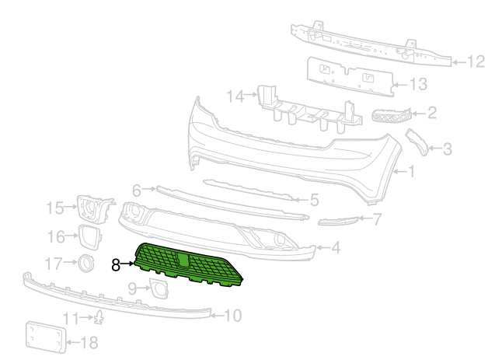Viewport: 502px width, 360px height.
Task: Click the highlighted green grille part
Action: tap(189, 264)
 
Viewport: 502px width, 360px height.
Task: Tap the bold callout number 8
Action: tap(116, 265)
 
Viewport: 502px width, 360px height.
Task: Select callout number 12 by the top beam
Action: tap(475, 61)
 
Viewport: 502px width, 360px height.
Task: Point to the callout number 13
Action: tap(418, 84)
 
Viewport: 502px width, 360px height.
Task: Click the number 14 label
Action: tap(235, 96)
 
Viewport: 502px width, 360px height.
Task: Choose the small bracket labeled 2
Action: tap(392, 115)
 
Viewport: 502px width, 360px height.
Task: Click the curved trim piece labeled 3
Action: tap(417, 142)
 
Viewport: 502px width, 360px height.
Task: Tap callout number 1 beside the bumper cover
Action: tap(411, 171)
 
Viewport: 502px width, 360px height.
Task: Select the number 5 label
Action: tap(315, 200)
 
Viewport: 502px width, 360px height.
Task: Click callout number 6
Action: tap(137, 190)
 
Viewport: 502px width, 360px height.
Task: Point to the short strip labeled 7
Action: tap(338, 221)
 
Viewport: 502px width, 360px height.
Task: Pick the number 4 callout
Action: tap(336, 247)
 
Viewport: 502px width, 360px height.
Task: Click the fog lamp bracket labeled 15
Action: tap(95, 209)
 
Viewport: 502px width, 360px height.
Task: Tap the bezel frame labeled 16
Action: tap(90, 237)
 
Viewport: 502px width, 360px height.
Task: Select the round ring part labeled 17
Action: tap(86, 263)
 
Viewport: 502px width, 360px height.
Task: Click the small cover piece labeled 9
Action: tap(159, 288)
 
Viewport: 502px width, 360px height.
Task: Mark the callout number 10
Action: tap(233, 316)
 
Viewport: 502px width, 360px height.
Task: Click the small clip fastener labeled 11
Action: tap(99, 317)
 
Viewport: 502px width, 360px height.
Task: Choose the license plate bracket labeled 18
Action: tap(46, 337)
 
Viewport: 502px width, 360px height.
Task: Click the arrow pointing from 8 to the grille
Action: tap(127, 264)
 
